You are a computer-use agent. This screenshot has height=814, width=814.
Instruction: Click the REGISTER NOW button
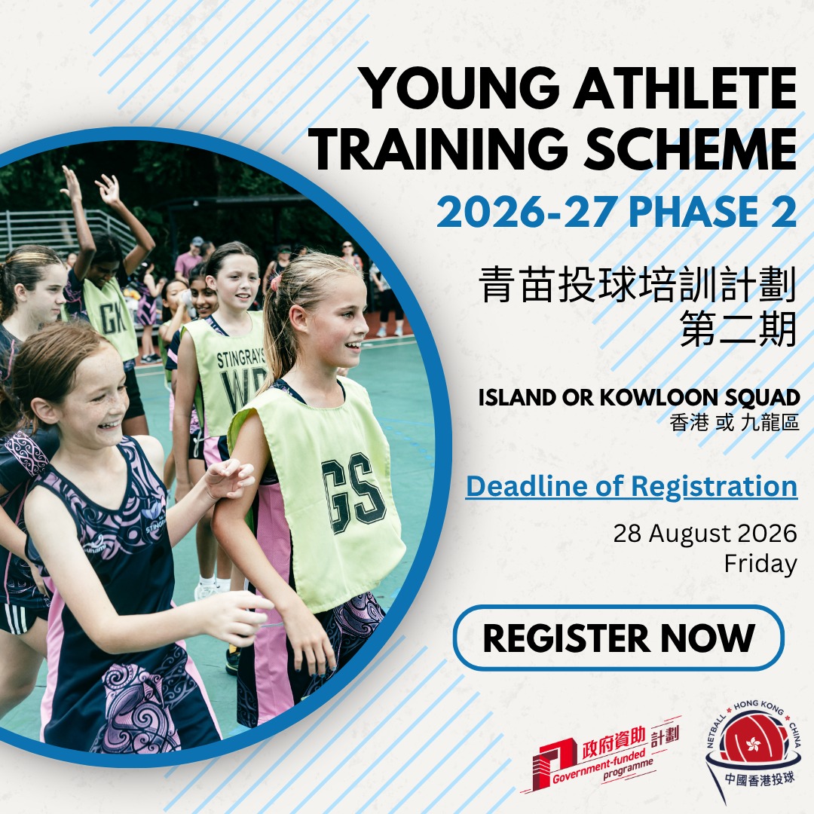coord(618,638)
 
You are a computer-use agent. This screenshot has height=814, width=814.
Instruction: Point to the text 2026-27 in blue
coord(526,212)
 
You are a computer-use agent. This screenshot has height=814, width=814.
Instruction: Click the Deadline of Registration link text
coord(632,486)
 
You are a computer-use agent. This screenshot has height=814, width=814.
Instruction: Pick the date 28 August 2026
coord(705,533)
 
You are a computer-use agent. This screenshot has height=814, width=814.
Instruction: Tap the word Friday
coord(760,564)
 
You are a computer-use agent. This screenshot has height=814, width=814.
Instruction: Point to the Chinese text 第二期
coord(738,329)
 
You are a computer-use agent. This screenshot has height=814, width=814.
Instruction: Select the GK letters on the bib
coord(112,318)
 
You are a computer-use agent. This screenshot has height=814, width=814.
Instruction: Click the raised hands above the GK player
coord(91,187)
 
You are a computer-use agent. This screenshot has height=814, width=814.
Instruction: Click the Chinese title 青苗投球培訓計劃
coord(638,284)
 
